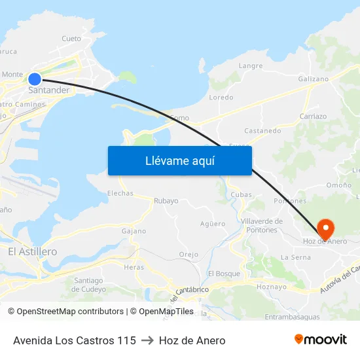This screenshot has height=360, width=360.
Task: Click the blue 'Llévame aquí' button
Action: pos(179,160)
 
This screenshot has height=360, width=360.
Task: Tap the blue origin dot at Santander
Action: pos(35,79)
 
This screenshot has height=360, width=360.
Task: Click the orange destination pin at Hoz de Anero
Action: pos(325,228)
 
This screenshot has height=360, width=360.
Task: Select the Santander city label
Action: pos(48,90)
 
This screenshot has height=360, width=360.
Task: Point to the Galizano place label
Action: pos(313,79)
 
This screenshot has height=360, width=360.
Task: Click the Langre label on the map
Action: pos(251,65)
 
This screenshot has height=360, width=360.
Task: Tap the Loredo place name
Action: pos(221,97)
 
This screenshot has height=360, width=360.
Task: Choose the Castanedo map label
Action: pos(262,130)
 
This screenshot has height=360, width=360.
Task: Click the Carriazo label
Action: pos(313,117)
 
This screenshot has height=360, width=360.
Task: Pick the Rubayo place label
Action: pos(166,201)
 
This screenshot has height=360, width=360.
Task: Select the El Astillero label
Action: pos(32,251)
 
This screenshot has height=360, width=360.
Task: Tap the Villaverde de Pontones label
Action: pos(262,225)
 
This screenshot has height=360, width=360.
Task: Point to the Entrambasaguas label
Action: pos(293,317)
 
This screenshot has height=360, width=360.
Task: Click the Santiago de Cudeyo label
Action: pos(89,285)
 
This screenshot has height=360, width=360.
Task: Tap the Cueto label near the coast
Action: pos(71,39)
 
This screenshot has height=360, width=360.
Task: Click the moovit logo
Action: pos(321,340)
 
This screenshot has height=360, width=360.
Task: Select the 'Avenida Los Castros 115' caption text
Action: pos(75,340)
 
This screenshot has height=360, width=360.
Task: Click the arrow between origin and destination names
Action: pos(147,340)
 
